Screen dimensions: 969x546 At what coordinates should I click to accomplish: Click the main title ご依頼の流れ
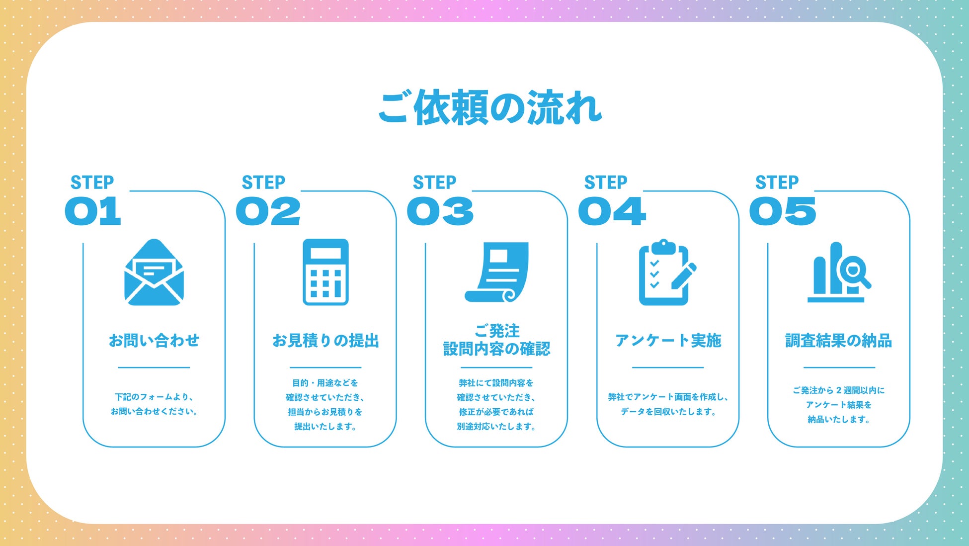[490, 107]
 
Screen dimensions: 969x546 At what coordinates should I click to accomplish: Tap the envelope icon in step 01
[154, 273]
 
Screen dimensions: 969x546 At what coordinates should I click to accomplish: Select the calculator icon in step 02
[325, 272]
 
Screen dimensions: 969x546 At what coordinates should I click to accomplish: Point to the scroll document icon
[497, 272]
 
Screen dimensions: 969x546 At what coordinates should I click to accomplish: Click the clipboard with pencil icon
[666, 273]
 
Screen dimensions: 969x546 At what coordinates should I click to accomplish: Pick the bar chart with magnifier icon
[838, 273]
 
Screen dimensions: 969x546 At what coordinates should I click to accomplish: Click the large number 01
[93, 211]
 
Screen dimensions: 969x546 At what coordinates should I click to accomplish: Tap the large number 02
[268, 211]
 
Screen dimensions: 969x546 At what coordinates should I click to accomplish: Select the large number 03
[440, 211]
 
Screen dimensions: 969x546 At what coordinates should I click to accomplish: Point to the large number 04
[612, 211]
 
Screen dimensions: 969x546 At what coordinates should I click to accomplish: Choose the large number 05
[783, 211]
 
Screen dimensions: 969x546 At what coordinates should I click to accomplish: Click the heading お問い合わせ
[154, 341]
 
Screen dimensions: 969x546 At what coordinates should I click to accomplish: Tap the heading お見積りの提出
[325, 341]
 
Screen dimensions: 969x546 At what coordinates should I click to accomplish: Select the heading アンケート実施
[668, 341]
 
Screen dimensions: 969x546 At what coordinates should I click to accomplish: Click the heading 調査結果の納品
[839, 341]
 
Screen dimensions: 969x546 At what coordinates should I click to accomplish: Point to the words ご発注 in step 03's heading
[497, 331]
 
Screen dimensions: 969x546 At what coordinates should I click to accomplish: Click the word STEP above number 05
[777, 182]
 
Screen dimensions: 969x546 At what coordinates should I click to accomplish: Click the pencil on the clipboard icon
[684, 276]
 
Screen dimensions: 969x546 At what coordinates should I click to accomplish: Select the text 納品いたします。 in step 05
[839, 419]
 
